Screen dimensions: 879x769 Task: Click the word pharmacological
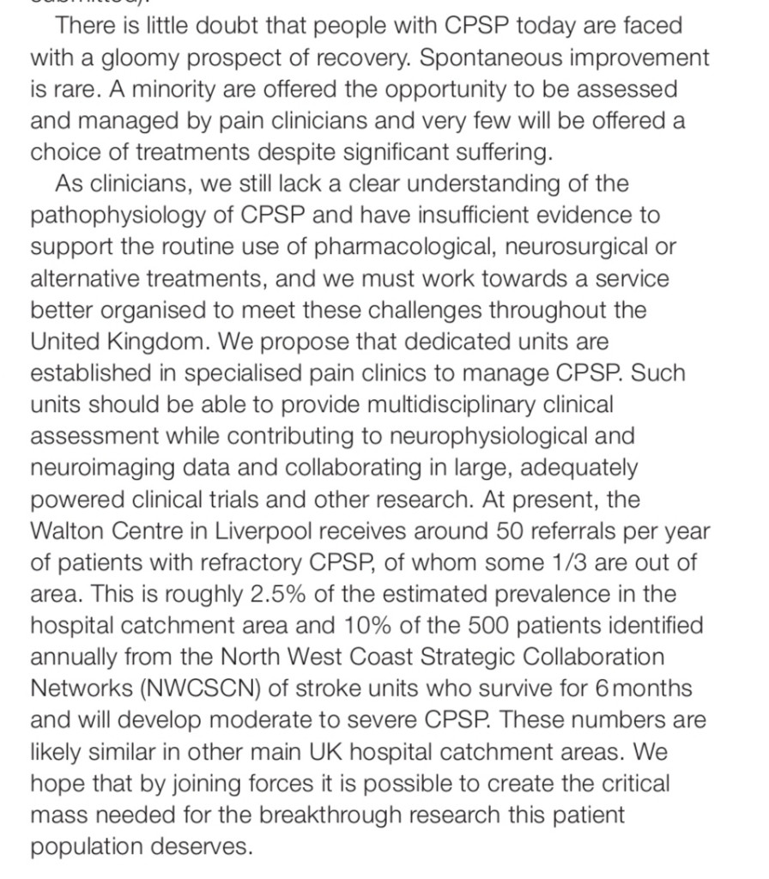point(403,247)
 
